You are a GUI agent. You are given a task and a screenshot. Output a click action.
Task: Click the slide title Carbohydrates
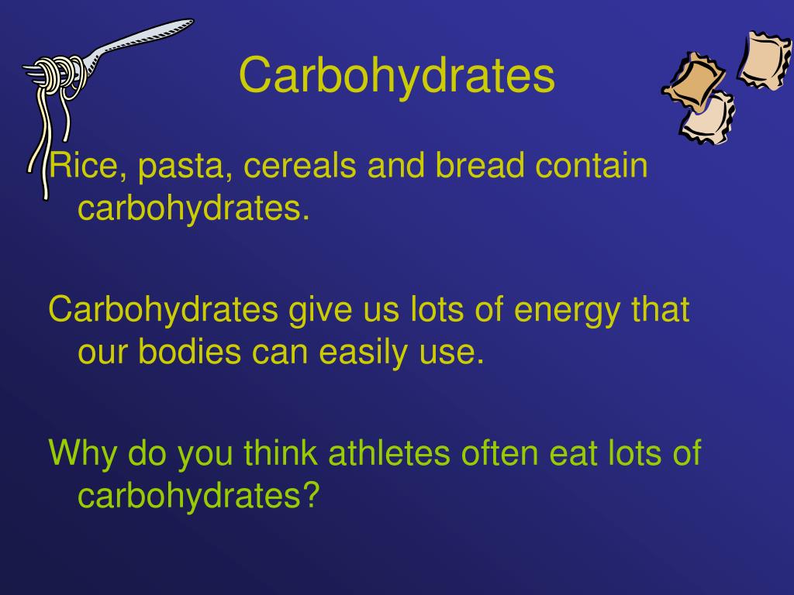[396, 76]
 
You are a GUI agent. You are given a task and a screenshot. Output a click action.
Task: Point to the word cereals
[300, 165]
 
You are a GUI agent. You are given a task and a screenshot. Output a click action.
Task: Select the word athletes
[389, 452]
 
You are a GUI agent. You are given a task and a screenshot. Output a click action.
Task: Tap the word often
[499, 452]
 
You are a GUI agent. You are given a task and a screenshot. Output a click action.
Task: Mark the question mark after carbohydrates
[312, 494]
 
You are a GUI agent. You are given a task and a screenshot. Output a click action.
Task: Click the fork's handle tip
[192, 21]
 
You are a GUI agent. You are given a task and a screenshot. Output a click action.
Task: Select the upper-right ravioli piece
[764, 60]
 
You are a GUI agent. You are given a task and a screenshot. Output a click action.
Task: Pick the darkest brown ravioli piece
[694, 81]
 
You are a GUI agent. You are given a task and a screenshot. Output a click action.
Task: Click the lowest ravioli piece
[709, 119]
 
